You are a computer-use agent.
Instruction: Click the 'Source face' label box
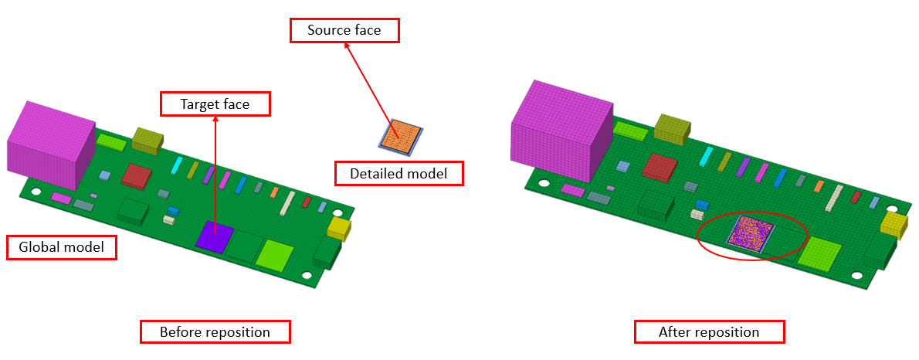pyautogui.click(x=346, y=31)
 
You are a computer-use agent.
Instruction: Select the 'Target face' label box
pyautogui.click(x=215, y=104)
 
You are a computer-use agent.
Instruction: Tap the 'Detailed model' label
pyautogui.click(x=398, y=174)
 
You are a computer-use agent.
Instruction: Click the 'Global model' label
pyautogui.click(x=61, y=248)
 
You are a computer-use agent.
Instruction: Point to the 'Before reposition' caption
pyautogui.click(x=215, y=332)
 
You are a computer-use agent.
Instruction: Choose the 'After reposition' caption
pyautogui.click(x=709, y=332)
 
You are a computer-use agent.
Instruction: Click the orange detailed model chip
pyautogui.click(x=399, y=134)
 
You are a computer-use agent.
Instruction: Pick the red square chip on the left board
pyautogui.click(x=137, y=175)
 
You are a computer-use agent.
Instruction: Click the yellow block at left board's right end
pyautogui.click(x=339, y=228)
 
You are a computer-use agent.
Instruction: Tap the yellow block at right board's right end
pyautogui.click(x=894, y=225)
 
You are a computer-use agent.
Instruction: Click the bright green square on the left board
pyautogui.click(x=275, y=253)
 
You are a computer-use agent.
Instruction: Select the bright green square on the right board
pyautogui.click(x=819, y=252)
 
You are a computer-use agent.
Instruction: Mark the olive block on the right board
pyautogui.click(x=670, y=127)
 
